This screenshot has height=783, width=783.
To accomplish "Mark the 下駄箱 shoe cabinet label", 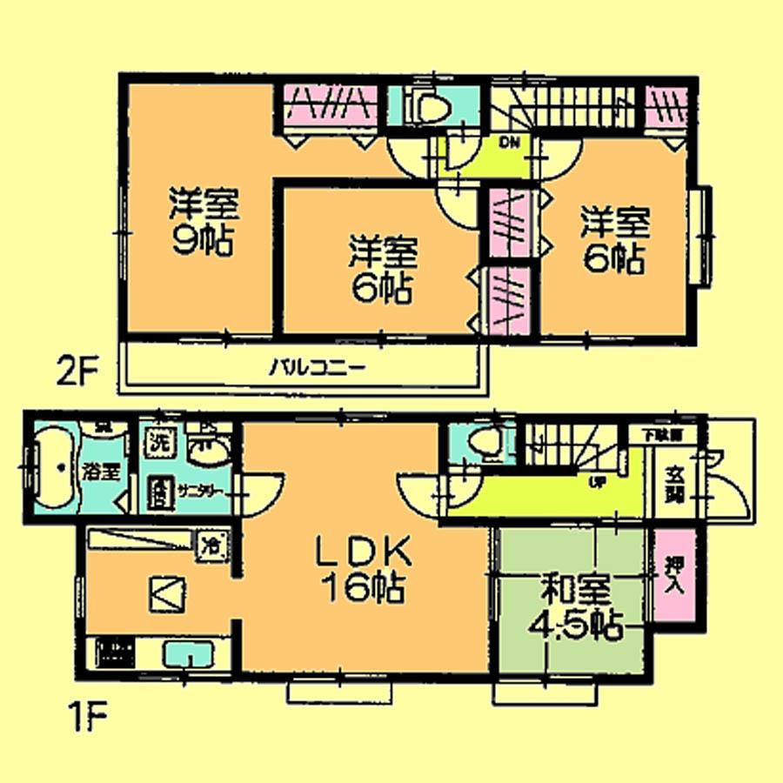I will [661, 432].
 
